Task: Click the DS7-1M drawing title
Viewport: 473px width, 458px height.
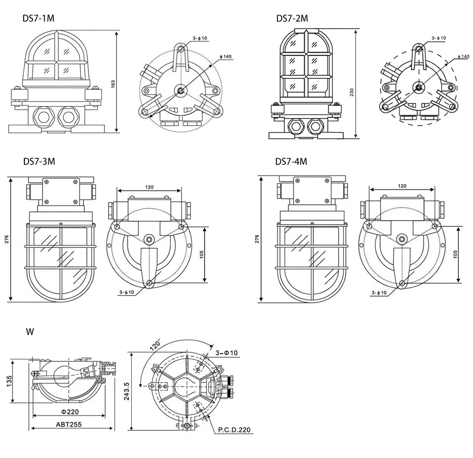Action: [x=38, y=18]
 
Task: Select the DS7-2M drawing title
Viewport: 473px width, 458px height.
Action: [x=292, y=19]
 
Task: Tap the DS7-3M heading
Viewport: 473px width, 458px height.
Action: [x=39, y=161]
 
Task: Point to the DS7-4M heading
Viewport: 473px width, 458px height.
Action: [x=291, y=162]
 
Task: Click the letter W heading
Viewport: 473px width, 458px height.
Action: [x=30, y=331]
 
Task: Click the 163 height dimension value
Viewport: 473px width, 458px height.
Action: [x=113, y=84]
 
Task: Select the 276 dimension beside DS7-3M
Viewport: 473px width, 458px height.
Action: [x=6, y=239]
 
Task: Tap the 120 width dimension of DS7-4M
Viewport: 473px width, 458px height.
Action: [x=402, y=186]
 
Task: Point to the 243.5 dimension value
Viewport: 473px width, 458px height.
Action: [x=126, y=391]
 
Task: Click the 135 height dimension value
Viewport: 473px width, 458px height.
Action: [x=9, y=381]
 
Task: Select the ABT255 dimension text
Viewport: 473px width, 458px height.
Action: [x=69, y=424]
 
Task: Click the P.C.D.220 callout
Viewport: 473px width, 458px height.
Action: [x=234, y=430]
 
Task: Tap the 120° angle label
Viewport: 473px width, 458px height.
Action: [x=155, y=345]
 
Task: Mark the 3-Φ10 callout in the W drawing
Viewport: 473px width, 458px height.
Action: [x=227, y=353]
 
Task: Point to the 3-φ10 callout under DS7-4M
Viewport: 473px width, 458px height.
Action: [x=379, y=293]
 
